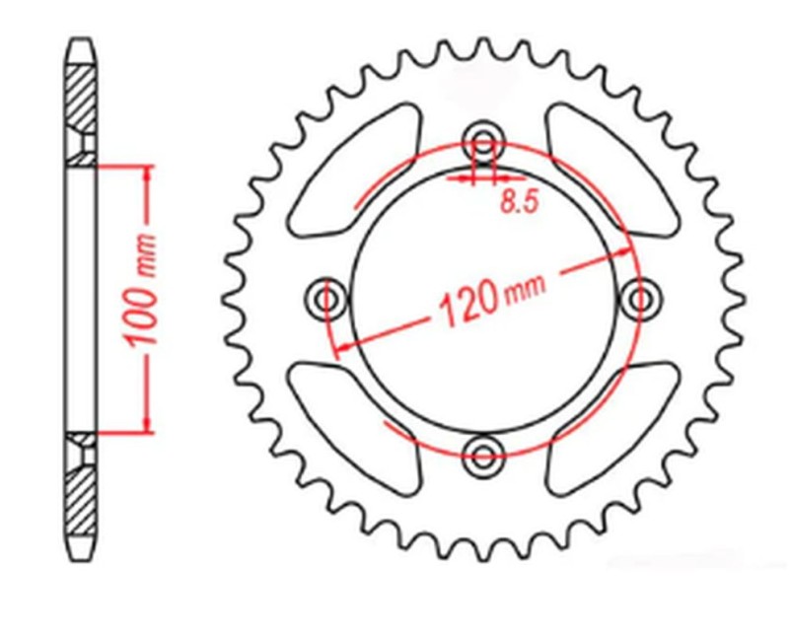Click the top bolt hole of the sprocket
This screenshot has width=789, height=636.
[483, 138]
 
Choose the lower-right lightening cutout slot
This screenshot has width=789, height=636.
[607, 424]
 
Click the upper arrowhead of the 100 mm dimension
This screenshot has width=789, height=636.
[148, 173]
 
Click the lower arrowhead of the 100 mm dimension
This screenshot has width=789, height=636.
[148, 422]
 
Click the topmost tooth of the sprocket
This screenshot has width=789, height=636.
[483, 46]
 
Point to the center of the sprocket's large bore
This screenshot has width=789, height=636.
[483, 296]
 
